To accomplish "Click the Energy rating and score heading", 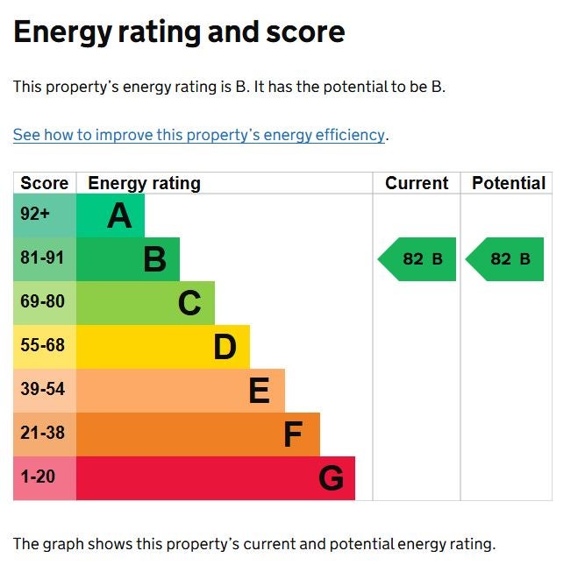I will [179, 32].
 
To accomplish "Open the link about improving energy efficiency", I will [199, 135].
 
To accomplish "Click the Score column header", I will [44, 183].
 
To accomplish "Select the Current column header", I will [417, 183].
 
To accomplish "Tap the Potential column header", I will [508, 183].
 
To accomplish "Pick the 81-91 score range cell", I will [42, 258].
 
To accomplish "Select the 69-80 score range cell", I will [42, 302].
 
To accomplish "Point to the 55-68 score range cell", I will [42, 346].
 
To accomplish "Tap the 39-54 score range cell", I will [42, 390].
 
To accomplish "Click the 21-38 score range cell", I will [42, 434].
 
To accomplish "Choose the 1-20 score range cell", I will [38, 477].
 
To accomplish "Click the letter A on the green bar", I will [119, 215].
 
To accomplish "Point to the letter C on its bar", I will [189, 303].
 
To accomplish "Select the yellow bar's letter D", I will [225, 347].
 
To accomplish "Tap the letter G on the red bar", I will [331, 478].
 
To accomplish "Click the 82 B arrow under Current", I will [418, 259].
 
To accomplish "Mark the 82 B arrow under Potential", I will [506, 259].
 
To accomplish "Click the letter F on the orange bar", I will [293, 434].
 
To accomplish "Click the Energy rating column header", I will [144, 183].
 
